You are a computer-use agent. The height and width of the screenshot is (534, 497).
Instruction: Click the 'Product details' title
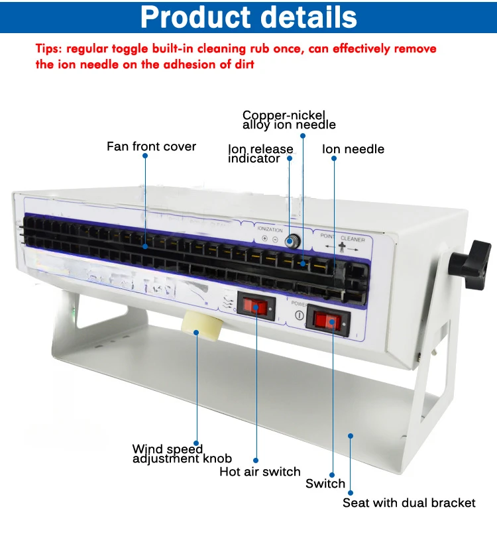248,17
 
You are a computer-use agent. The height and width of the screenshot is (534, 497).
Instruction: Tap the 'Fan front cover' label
151,146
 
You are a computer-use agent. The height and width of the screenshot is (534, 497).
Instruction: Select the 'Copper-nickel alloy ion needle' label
289,119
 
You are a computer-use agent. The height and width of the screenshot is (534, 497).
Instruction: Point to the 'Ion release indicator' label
260,154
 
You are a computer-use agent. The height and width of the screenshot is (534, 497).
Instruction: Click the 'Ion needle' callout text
353,149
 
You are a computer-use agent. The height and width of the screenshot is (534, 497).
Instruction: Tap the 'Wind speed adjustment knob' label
182,454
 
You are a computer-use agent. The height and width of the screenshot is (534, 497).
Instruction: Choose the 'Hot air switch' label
260,472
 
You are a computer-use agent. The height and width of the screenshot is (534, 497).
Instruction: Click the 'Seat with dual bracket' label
409,503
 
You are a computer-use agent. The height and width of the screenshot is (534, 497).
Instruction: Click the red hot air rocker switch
257,307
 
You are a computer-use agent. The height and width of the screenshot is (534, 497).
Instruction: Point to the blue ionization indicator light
290,240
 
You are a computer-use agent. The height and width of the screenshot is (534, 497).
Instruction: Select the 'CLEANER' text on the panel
353,238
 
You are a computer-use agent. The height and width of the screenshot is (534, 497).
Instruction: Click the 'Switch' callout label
325,484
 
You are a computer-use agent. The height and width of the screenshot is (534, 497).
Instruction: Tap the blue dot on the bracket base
351,435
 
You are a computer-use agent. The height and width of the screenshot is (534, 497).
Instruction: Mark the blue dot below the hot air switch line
256,460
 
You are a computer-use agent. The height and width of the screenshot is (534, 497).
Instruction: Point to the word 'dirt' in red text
241,64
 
